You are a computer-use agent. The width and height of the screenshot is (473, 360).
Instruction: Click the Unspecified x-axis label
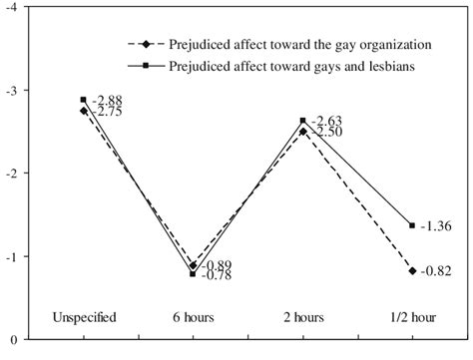point(84,317)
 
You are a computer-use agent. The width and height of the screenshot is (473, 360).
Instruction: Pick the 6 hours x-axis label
point(193,317)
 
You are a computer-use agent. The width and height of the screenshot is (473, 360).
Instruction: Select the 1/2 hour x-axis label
point(411,317)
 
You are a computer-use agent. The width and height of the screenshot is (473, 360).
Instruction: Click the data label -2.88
point(107,101)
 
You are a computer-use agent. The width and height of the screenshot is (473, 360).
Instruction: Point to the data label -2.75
point(107,112)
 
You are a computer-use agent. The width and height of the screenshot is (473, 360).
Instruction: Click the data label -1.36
point(438,225)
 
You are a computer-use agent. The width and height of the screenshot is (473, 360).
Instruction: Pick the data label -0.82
point(438,271)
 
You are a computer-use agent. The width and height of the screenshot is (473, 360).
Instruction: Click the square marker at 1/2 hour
point(411,225)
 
